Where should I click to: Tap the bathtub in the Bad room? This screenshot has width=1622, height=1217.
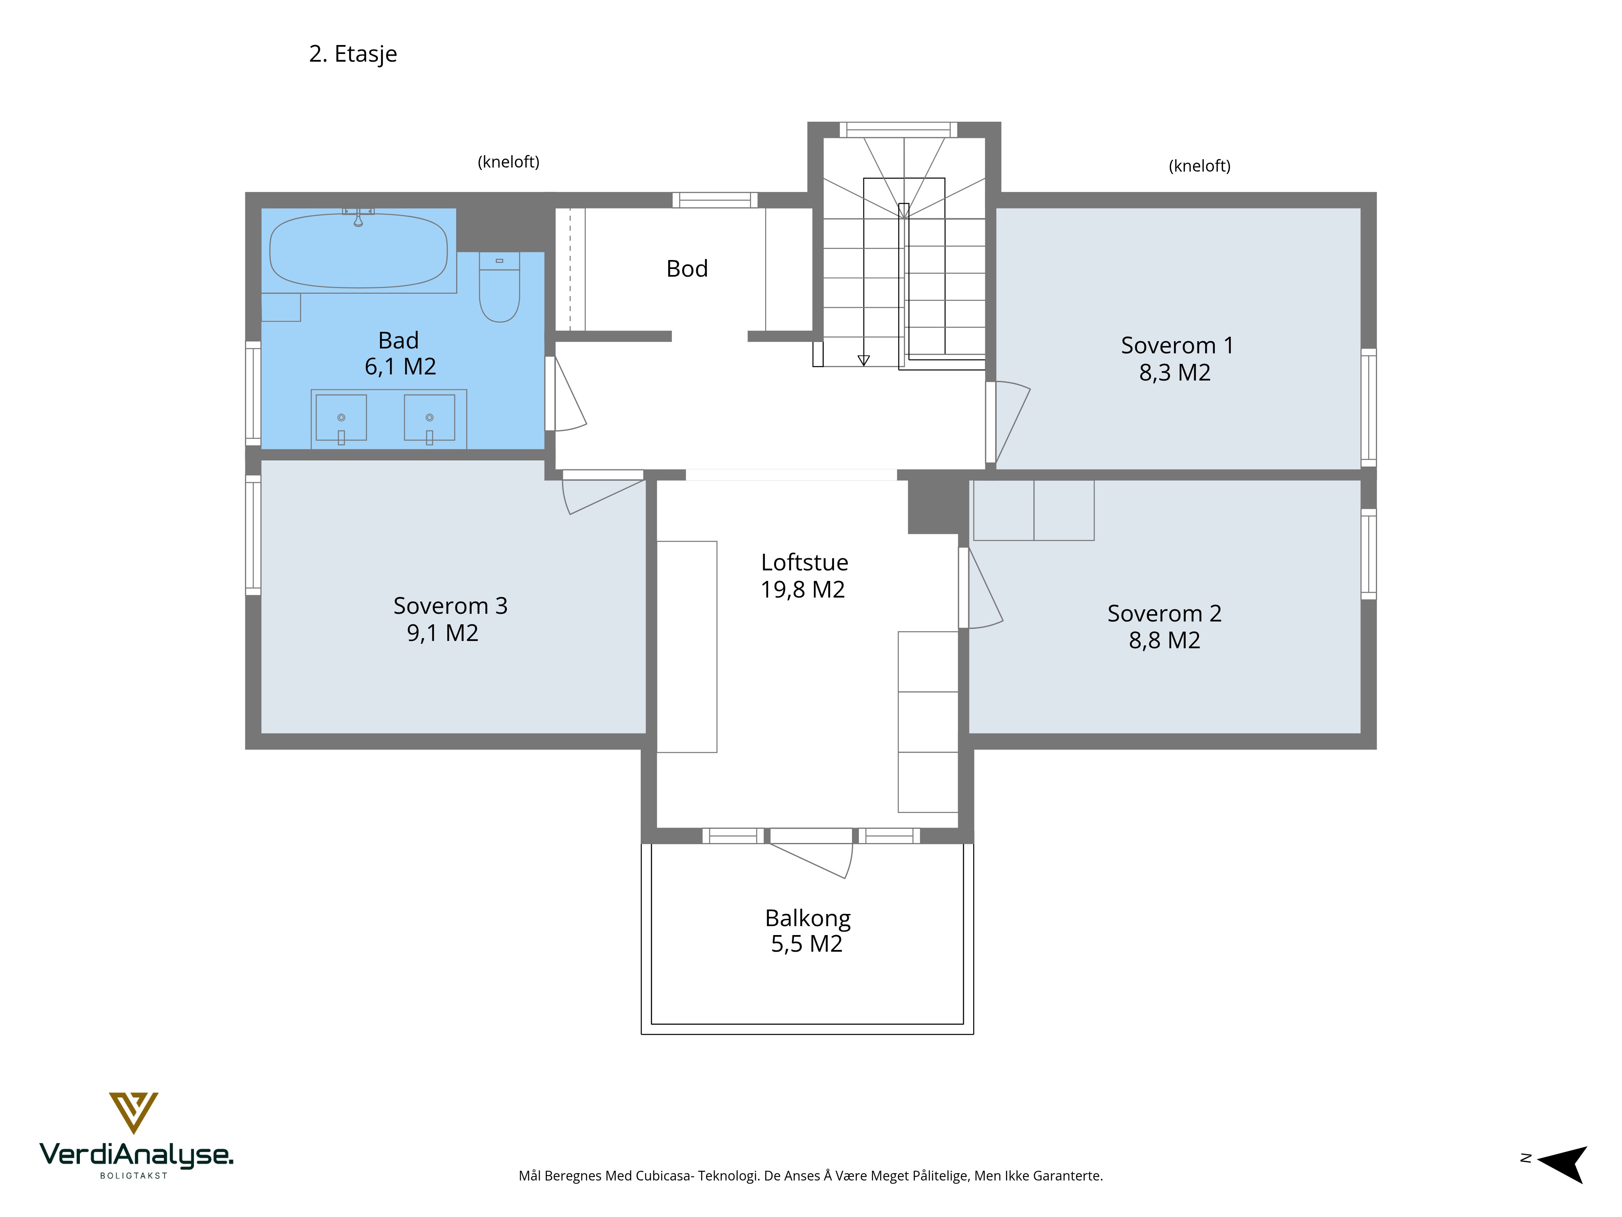(358, 250)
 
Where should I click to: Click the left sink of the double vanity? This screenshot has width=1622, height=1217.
(341, 418)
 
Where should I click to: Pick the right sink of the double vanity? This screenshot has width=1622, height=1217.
(430, 418)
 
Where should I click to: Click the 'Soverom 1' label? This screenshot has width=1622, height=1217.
(1177, 346)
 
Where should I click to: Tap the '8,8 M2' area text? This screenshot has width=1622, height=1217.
(1165, 641)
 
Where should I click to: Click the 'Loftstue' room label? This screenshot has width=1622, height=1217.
(805, 563)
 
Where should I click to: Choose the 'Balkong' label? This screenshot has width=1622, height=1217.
(807, 918)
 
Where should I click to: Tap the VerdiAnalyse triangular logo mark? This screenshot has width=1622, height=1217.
(133, 1112)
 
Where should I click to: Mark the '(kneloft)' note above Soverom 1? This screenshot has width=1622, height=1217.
(1199, 166)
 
